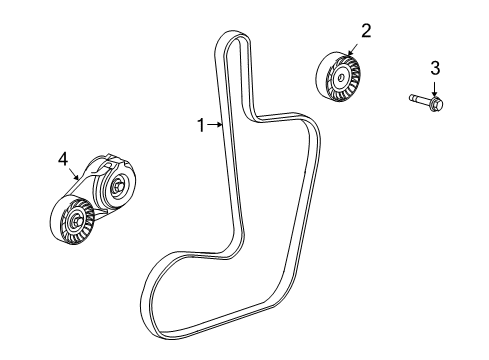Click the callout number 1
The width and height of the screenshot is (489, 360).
(201, 125)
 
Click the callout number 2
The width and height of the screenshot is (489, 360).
(366, 31)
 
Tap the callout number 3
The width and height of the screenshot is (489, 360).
(435, 68)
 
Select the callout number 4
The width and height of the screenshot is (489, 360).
(62, 157)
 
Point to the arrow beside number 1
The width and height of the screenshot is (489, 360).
(216, 125)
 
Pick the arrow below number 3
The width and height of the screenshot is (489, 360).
(436, 85)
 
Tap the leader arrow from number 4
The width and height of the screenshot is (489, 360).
(74, 174)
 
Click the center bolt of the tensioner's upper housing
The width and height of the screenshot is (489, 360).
(119, 185)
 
